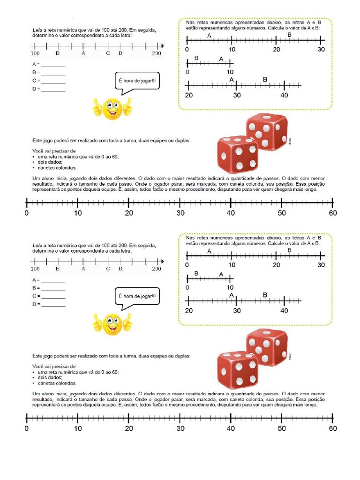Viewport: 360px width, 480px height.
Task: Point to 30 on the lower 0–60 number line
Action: pyautogui.click(x=180, y=428)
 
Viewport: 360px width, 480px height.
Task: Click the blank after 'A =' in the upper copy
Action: pyautogui.click(x=53, y=64)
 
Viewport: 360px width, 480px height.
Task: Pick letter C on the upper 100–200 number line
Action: pyautogui.click(x=108, y=53)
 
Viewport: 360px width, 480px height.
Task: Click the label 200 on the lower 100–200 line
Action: pyautogui.click(x=157, y=269)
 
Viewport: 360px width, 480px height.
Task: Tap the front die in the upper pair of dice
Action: pyautogui.click(x=237, y=154)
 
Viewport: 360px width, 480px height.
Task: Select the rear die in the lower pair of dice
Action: pyautogui.click(x=267, y=347)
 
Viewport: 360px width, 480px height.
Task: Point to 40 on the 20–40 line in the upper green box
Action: pyautogui.click(x=284, y=95)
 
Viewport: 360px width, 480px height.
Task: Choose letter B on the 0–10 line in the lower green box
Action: pyautogui.click(x=196, y=273)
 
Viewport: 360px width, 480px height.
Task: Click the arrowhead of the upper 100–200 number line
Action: pyautogui.click(x=162, y=45)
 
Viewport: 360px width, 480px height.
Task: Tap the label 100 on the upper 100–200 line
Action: pyautogui.click(x=36, y=53)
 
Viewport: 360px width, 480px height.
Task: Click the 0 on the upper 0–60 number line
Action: pyautogui.click(x=27, y=212)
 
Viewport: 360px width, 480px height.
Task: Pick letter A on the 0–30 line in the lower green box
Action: pyautogui.click(x=209, y=251)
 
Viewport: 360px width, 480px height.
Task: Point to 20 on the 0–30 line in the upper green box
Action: pyautogui.click(x=276, y=50)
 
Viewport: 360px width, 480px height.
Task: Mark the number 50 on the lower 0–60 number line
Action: pyautogui.click(x=281, y=428)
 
